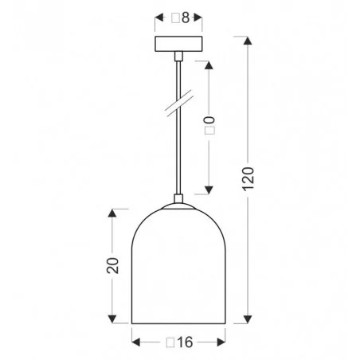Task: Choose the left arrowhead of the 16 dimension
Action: [135, 342]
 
